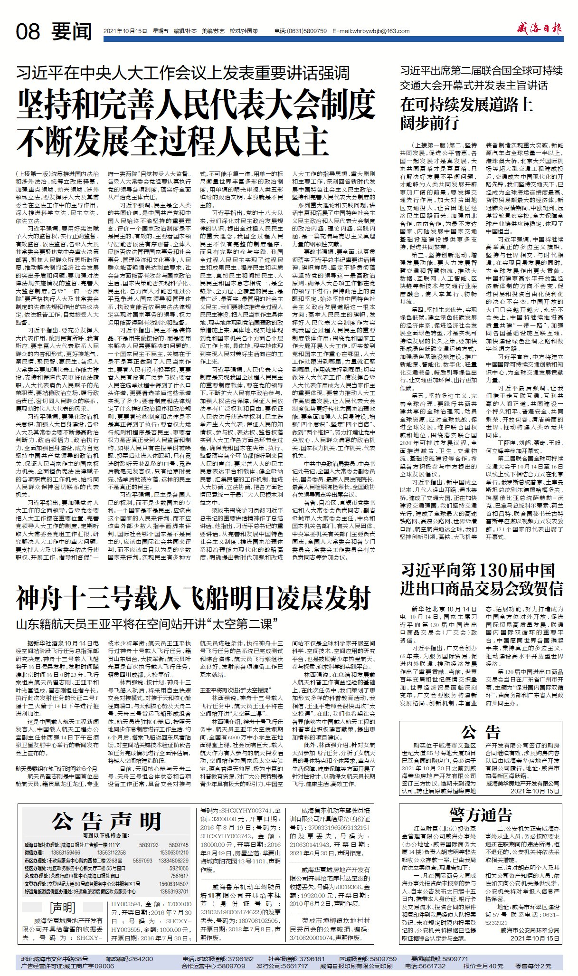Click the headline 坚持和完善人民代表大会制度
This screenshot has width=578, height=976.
tap(196, 104)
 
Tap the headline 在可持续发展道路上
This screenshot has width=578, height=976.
tap(466, 105)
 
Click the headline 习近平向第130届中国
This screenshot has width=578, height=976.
tap(477, 570)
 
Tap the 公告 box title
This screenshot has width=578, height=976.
tap(481, 732)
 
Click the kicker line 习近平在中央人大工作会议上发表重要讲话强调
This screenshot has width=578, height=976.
tap(183, 73)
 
